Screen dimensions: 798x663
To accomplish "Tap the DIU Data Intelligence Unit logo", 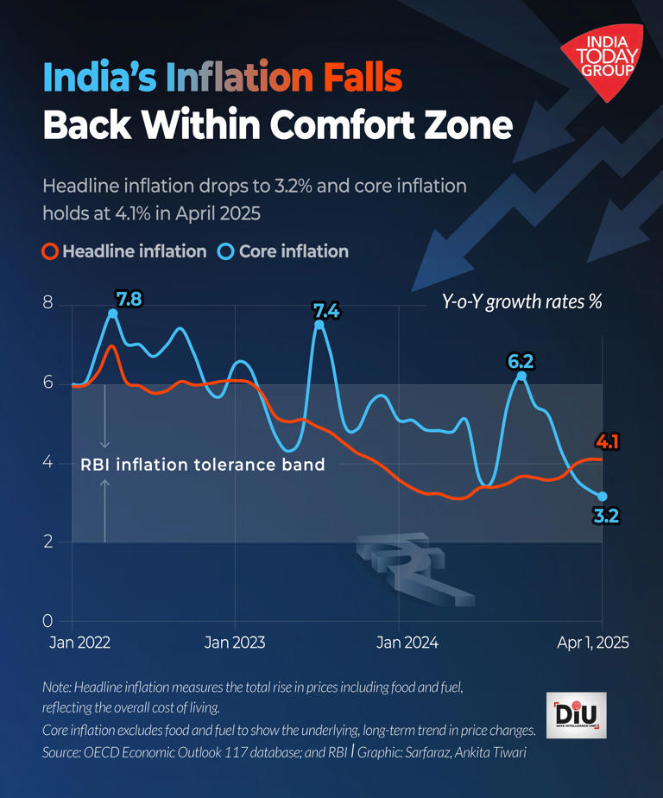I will (x=577, y=715).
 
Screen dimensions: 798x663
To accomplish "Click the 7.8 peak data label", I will (x=129, y=300).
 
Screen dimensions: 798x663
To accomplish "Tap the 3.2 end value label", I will (x=605, y=517).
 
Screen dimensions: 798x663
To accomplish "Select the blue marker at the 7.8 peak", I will (x=113, y=314).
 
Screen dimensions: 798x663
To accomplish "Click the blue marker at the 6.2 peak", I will (x=521, y=376).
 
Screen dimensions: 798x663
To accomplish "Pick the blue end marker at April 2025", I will (x=602, y=497).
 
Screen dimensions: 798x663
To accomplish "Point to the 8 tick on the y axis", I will (x=48, y=304).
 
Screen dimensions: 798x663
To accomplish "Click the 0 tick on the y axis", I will (x=48, y=622).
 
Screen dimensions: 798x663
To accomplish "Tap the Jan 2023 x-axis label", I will (x=235, y=643).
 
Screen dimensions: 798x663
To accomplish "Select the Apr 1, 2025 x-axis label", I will (x=592, y=643).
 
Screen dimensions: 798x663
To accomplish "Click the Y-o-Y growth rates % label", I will (x=521, y=302).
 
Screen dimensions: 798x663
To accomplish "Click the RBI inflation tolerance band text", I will (x=203, y=465).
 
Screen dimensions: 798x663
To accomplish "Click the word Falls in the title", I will (x=361, y=79).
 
